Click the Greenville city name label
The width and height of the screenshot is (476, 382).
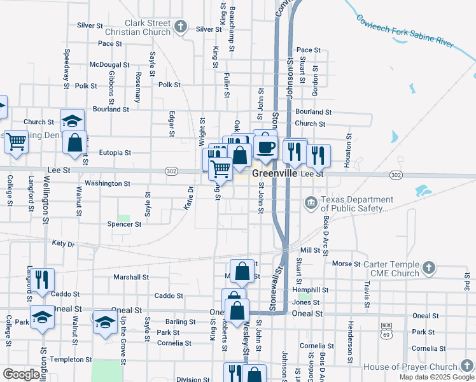[275, 173]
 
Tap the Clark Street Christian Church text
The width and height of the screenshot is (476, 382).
[148, 27]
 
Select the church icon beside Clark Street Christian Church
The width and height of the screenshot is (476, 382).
[181, 27]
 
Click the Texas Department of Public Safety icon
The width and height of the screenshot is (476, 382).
[311, 204]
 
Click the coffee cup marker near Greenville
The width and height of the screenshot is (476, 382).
[265, 147]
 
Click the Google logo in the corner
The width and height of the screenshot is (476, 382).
[22, 374]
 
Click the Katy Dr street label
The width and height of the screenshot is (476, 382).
[63, 244]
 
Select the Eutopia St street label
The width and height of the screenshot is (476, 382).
[115, 153]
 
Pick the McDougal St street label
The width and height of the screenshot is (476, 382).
[109, 65]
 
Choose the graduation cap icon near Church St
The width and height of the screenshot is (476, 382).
[73, 120]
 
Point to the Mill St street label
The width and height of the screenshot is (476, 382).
[310, 251]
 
